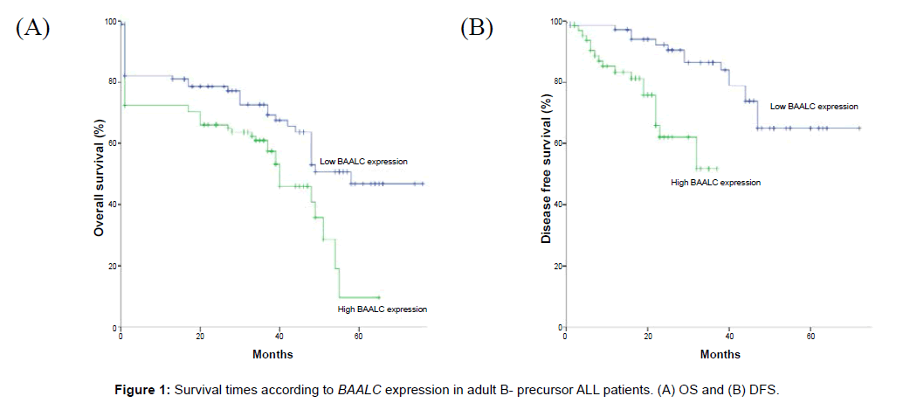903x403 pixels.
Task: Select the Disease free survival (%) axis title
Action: pos(546,170)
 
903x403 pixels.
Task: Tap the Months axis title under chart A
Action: pos(272,354)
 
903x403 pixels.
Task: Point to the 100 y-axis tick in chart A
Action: pos(108,20)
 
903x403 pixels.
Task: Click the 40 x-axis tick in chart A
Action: pos(279,336)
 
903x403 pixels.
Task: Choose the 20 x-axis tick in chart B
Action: pos(647,336)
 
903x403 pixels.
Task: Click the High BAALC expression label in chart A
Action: pos(383,309)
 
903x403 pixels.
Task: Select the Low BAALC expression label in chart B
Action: pos(814,106)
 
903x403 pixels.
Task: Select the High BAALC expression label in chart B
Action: pos(716,183)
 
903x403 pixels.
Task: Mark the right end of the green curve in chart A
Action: pos(379,297)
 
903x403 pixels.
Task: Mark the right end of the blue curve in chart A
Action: pos(424,184)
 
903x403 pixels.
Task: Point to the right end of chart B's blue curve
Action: pos(860,128)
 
